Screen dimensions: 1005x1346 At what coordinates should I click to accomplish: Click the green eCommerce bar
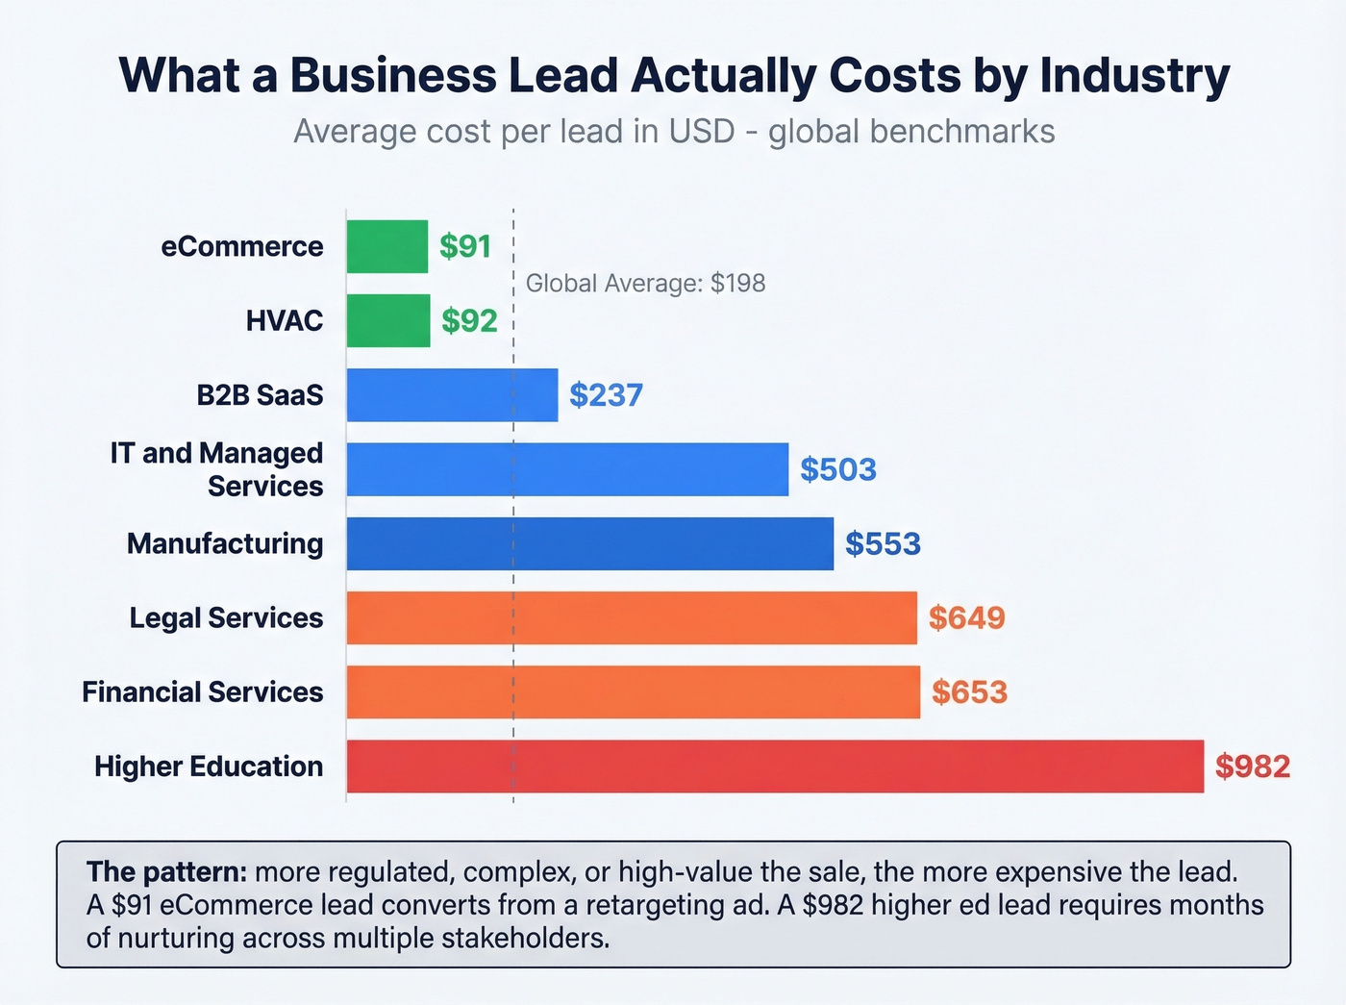386,246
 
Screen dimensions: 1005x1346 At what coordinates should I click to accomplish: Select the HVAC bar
388,320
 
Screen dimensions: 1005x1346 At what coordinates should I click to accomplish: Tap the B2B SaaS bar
452,394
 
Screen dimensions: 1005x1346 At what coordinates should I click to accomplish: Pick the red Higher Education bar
775,766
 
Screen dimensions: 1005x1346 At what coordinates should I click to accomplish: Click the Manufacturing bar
589,543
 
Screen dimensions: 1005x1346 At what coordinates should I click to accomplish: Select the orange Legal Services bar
632,617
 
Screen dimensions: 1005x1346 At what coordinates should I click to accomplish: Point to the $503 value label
838,469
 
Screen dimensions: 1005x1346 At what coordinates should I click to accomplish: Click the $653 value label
969,692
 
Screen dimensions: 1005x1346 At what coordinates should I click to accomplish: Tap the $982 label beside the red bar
1252,766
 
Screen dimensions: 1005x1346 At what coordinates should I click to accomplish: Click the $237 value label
606,395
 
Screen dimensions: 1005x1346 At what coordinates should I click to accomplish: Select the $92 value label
469,321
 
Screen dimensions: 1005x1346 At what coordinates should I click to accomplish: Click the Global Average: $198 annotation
645,284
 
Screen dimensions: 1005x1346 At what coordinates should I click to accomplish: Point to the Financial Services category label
203,692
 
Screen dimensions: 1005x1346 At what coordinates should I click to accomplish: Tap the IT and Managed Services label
217,469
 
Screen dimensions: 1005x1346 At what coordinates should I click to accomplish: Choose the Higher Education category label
209,766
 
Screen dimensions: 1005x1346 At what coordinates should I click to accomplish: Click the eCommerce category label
242,247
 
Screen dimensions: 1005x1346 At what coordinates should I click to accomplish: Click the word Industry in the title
1134,75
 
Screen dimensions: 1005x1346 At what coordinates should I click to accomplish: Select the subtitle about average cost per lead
674,131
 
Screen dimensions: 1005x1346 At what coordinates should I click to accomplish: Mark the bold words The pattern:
167,872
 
